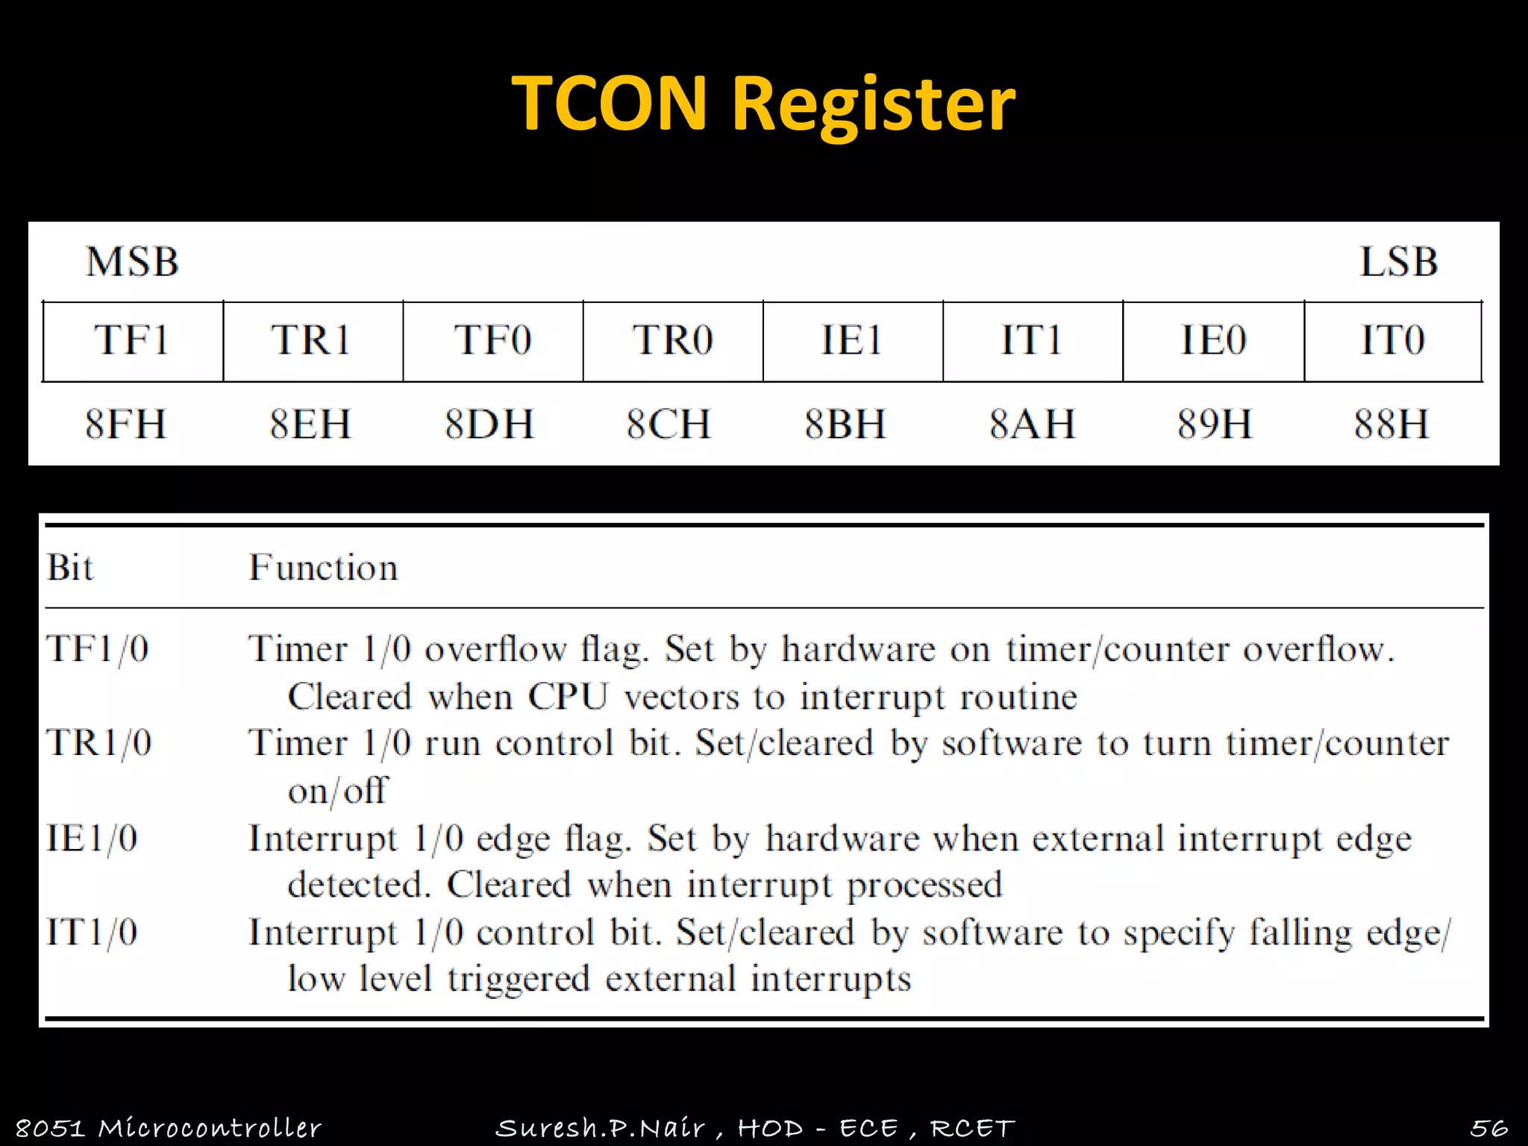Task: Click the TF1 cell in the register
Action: pyautogui.click(x=132, y=341)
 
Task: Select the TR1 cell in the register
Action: pyautogui.click(x=312, y=341)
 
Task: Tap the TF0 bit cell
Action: pyautogui.click(x=492, y=341)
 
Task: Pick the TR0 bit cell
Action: pyautogui.click(x=672, y=341)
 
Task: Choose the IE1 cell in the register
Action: pyautogui.click(x=852, y=341)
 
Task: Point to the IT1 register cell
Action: pyautogui.click(x=1032, y=341)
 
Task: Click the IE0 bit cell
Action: pyautogui.click(x=1213, y=341)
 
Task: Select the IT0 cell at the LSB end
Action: pyautogui.click(x=1392, y=341)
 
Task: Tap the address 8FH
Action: pyautogui.click(x=125, y=425)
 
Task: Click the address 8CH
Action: pyautogui.click(x=669, y=425)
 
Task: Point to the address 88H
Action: pyautogui.click(x=1391, y=425)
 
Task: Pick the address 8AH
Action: pyautogui.click(x=1033, y=425)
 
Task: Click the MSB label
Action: pyautogui.click(x=132, y=262)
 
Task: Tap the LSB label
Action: pyautogui.click(x=1398, y=262)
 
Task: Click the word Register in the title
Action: pyautogui.click(x=873, y=105)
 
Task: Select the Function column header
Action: pyautogui.click(x=323, y=568)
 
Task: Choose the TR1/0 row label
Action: pyautogui.click(x=99, y=743)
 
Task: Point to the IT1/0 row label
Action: pyautogui.click(x=93, y=933)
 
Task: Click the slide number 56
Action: pyautogui.click(x=1489, y=1127)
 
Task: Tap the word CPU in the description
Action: pyautogui.click(x=568, y=697)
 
